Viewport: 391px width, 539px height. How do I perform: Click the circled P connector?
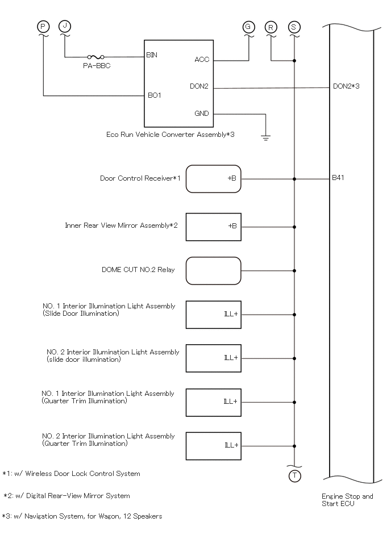pyautogui.click(x=43, y=27)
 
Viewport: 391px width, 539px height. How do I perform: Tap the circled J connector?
pyautogui.click(x=65, y=26)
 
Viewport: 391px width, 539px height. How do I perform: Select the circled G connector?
pyautogui.click(x=248, y=27)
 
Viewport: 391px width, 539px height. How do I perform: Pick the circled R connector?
pyautogui.click(x=271, y=27)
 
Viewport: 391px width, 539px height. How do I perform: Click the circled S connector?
pyautogui.click(x=294, y=27)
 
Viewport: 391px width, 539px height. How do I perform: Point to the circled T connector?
pyautogui.click(x=295, y=476)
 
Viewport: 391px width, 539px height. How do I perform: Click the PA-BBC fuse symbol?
pyautogui.click(x=96, y=57)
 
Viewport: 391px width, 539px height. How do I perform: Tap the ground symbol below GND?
pyautogui.click(x=265, y=138)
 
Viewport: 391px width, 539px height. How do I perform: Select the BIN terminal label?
pyautogui.click(x=152, y=55)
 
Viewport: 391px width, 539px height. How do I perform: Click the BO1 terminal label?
pyautogui.click(x=155, y=95)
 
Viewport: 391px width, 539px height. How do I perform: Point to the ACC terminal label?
pyautogui.click(x=202, y=60)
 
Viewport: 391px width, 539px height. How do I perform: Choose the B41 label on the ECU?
pyautogui.click(x=338, y=178)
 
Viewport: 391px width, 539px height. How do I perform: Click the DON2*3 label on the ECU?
pyautogui.click(x=346, y=86)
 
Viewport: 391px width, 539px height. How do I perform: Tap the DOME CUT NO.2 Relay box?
pyautogui.click(x=214, y=271)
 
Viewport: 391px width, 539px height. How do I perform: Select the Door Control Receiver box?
pyautogui.click(x=214, y=179)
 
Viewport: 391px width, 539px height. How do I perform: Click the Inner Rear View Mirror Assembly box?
pyautogui.click(x=214, y=227)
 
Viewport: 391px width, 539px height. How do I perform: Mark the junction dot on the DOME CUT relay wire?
pyautogui.click(x=294, y=271)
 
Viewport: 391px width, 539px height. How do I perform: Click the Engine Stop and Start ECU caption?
pyautogui.click(x=347, y=500)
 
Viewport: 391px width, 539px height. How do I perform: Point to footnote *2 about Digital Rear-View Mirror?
pyautogui.click(x=66, y=496)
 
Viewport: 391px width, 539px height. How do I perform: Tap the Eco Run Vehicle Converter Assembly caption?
pyautogui.click(x=170, y=135)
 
